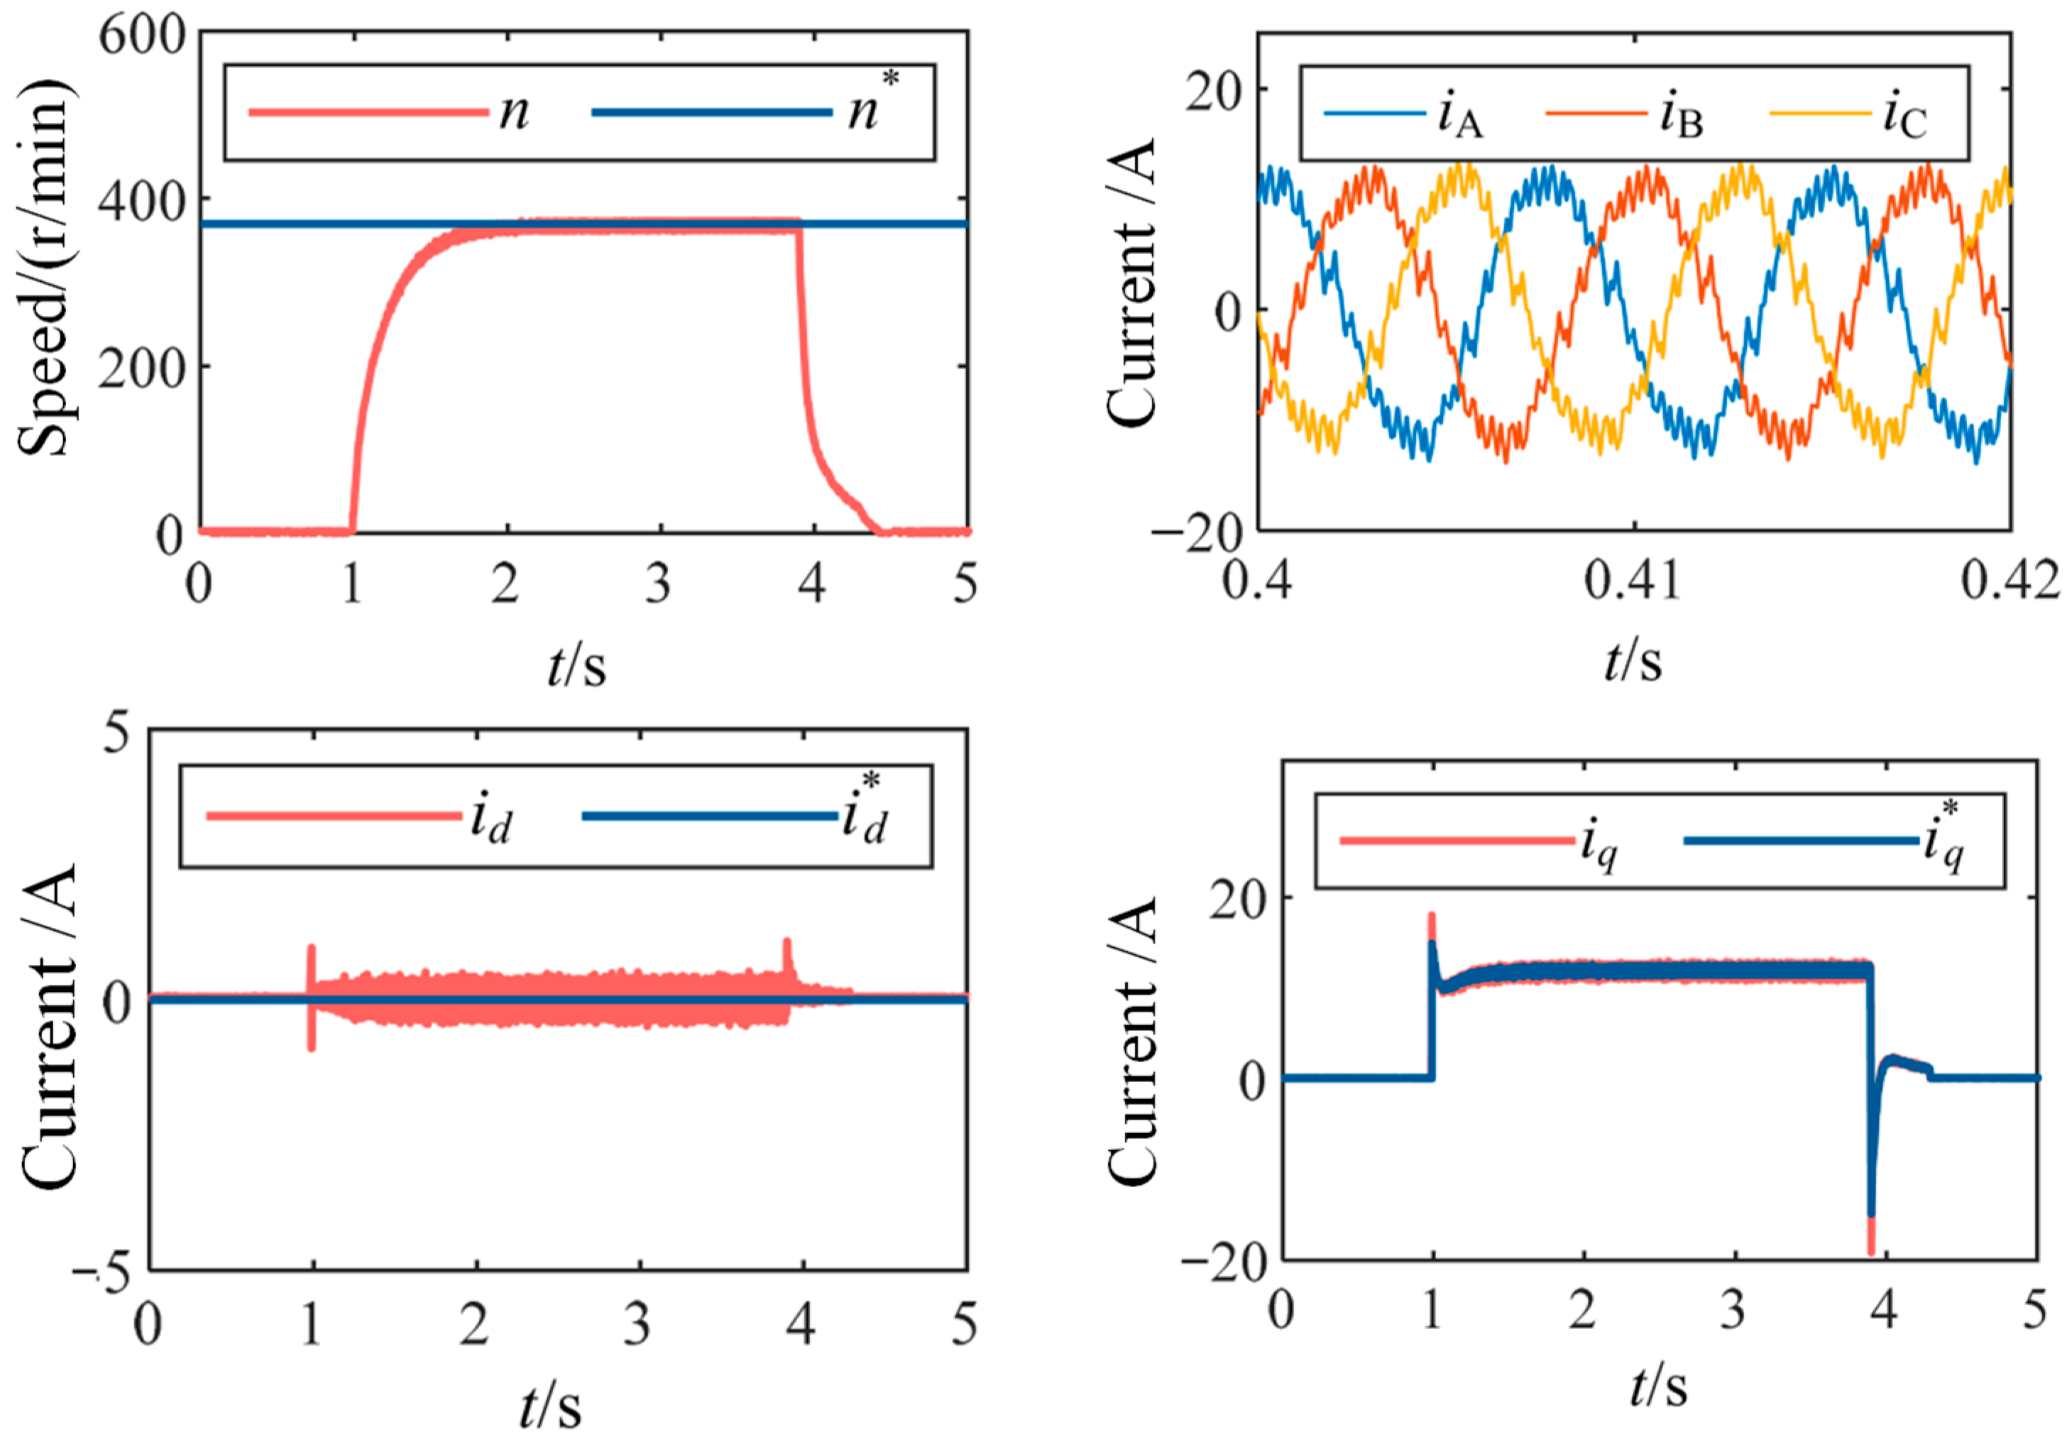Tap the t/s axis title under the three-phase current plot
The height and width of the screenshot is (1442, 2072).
[x=1633, y=662]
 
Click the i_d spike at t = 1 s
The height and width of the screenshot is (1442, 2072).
[x=312, y=952]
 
